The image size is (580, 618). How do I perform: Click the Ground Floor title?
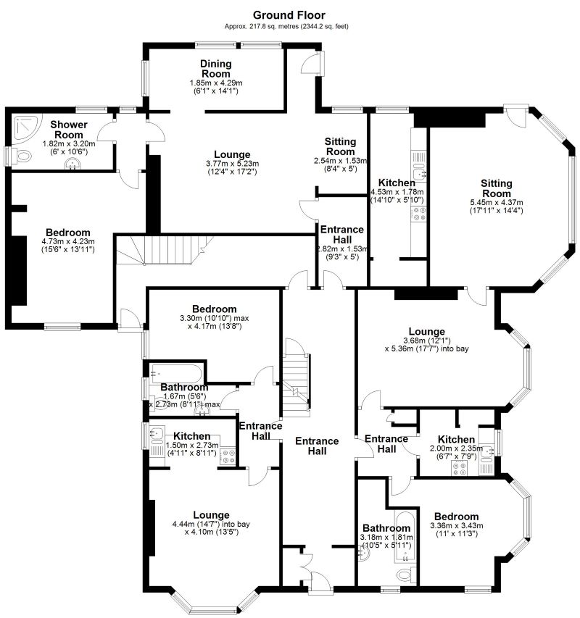pos(289,14)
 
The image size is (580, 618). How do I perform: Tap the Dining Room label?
pos(215,69)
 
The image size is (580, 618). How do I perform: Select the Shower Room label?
pos(70,130)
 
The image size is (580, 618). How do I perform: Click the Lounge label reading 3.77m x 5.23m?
pos(233,164)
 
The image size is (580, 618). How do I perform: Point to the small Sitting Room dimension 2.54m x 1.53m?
pos(340,160)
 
